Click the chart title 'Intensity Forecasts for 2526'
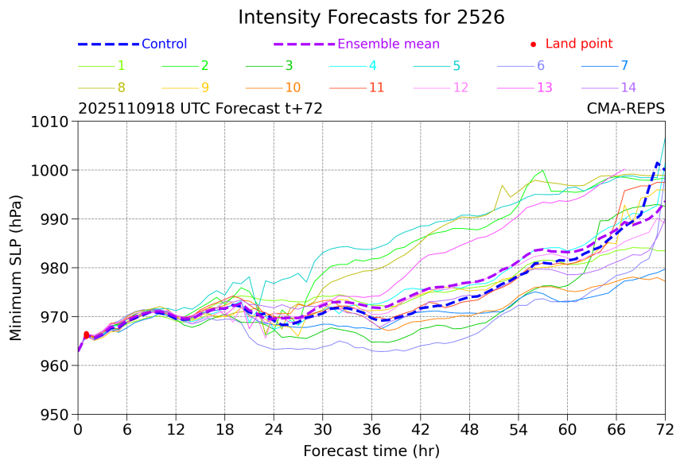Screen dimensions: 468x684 click(x=371, y=17)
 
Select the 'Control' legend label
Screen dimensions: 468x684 click(x=164, y=44)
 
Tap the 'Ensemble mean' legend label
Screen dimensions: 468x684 click(x=388, y=44)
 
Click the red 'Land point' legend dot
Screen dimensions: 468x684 click(x=533, y=44)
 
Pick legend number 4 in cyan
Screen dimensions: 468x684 click(x=372, y=66)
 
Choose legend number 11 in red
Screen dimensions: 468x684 click(x=376, y=87)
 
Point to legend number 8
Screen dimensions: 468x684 click(x=121, y=87)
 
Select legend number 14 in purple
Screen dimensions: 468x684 click(x=628, y=87)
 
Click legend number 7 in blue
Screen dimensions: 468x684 click(x=624, y=66)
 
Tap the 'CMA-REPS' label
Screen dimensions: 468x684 click(x=626, y=109)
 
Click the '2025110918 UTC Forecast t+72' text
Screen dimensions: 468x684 click(x=200, y=109)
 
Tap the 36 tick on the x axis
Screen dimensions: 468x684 click(x=371, y=430)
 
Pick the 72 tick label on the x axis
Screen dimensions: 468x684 click(x=665, y=430)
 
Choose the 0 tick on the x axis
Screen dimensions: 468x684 click(x=78, y=430)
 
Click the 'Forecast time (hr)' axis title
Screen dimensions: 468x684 click(x=371, y=451)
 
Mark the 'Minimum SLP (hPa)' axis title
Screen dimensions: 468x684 click(x=16, y=268)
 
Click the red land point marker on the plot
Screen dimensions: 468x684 click(x=86, y=335)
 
